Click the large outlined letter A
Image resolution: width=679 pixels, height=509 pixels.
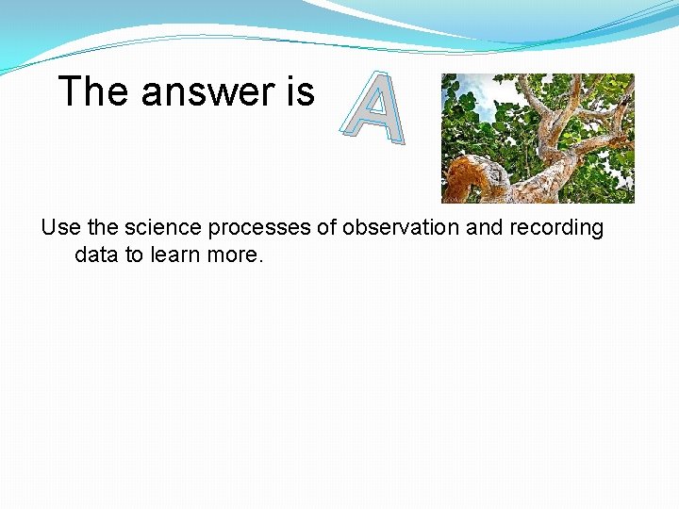tap(374, 111)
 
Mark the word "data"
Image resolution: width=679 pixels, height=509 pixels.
tap(94, 255)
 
